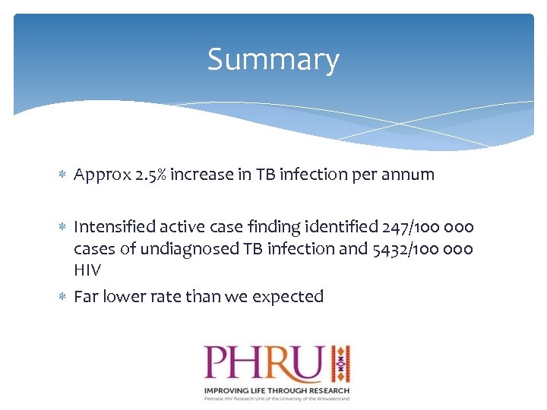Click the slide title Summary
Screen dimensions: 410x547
point(273,60)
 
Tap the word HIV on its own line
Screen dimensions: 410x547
point(87,270)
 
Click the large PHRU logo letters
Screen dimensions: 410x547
point(263,364)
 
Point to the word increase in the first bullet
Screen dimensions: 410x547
point(201,175)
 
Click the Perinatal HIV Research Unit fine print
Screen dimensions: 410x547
point(275,398)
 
